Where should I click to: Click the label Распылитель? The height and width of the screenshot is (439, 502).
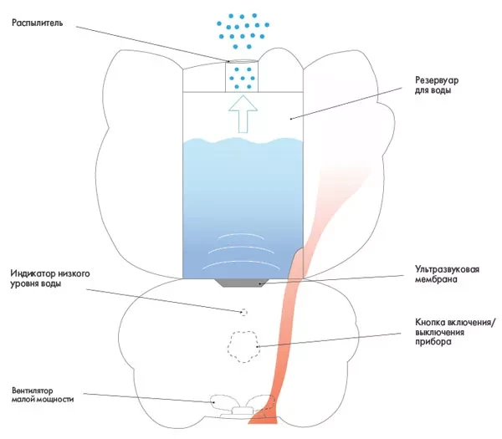(x=37, y=23)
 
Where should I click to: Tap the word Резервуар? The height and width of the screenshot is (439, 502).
(x=437, y=80)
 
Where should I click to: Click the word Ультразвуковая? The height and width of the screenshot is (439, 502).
(x=448, y=269)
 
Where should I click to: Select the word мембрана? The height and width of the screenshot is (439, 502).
(x=436, y=279)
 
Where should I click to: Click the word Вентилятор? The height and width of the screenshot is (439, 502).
(x=33, y=391)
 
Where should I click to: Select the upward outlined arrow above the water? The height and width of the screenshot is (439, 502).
(x=243, y=114)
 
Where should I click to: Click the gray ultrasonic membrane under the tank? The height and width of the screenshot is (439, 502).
(x=243, y=283)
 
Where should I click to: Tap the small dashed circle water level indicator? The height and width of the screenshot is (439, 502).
(x=244, y=312)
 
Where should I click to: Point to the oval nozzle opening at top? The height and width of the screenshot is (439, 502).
(x=242, y=62)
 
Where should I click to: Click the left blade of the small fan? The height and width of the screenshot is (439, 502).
(x=223, y=401)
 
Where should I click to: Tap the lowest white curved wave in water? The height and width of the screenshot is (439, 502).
(x=242, y=263)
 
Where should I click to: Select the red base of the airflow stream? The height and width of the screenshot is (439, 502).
(x=263, y=418)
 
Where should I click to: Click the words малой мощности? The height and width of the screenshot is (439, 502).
(x=43, y=400)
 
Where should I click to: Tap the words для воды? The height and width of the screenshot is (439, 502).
(x=433, y=90)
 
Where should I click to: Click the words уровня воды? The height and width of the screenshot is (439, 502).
(x=35, y=283)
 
